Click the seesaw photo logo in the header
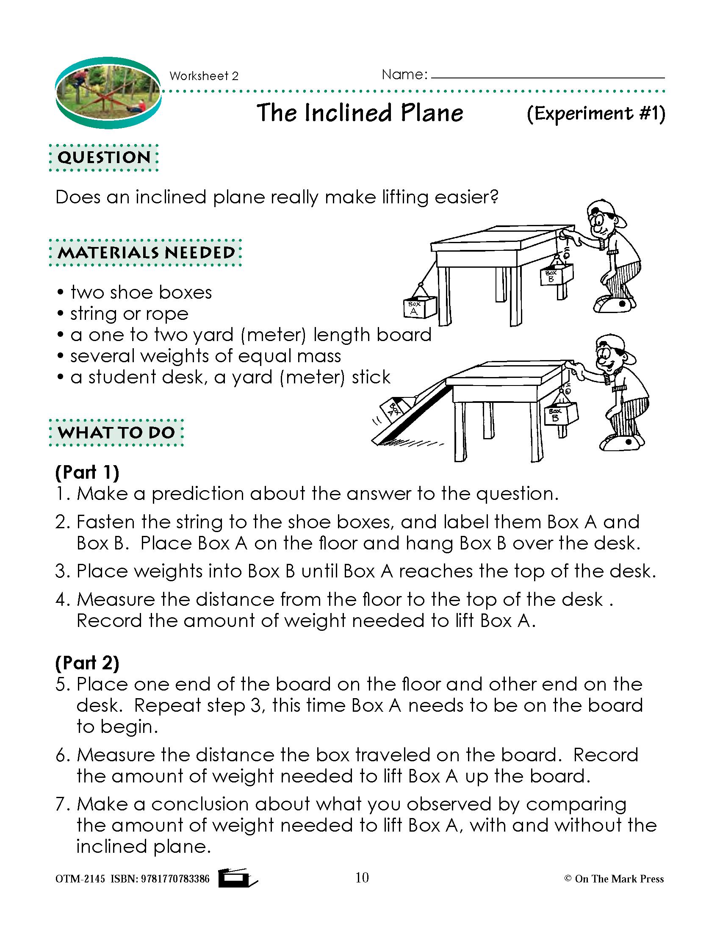pyautogui.click(x=108, y=93)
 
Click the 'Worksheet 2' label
pyautogui.click(x=204, y=76)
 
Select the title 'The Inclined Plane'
pyautogui.click(x=360, y=113)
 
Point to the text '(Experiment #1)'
pyautogui.click(x=596, y=114)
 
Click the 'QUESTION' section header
pyautogui.click(x=104, y=158)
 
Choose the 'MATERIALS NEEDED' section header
pyautogui.click(x=146, y=252)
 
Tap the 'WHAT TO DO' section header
pyautogui.click(x=116, y=433)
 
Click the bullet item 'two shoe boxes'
pyautogui.click(x=141, y=293)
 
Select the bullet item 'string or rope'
pyautogui.click(x=129, y=314)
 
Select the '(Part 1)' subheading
pyautogui.click(x=87, y=472)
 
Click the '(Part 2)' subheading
pyautogui.click(x=87, y=663)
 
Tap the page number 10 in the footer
pyautogui.click(x=362, y=877)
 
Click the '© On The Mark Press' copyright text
pyautogui.click(x=614, y=879)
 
